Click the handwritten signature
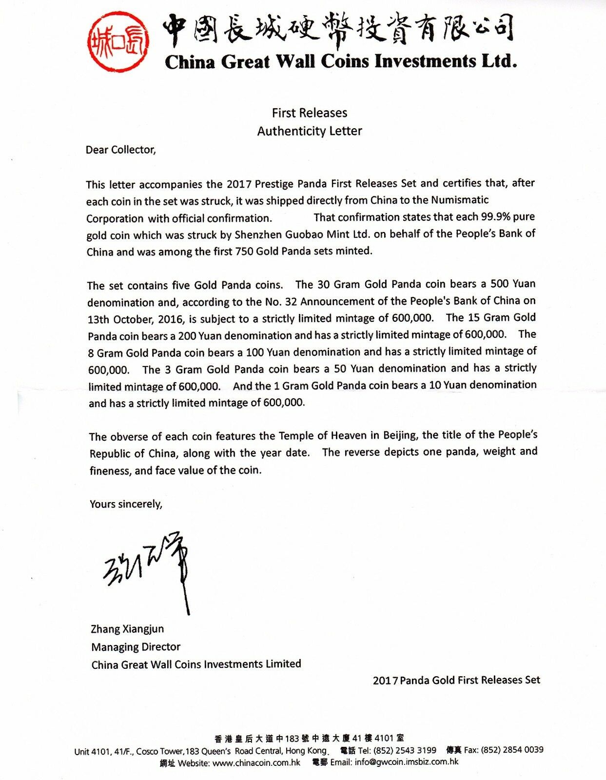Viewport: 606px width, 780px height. [x=146, y=570]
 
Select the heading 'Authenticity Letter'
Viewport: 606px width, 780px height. [x=310, y=131]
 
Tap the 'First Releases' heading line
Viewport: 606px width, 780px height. [x=310, y=113]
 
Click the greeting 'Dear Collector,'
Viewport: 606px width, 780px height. [x=121, y=150]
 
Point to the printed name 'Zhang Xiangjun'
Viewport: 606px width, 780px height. [x=127, y=629]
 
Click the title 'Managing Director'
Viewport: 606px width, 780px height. [x=136, y=647]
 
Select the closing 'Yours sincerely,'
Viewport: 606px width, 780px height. [x=126, y=504]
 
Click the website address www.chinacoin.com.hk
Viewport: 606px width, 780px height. [x=256, y=763]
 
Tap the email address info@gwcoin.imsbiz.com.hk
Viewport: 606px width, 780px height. [x=407, y=762]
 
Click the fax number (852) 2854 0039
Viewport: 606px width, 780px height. [x=512, y=750]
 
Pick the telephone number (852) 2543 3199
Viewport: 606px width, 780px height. [x=405, y=750]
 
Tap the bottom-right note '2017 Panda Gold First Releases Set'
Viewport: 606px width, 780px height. [x=456, y=680]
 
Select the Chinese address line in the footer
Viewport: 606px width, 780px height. [x=309, y=739]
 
